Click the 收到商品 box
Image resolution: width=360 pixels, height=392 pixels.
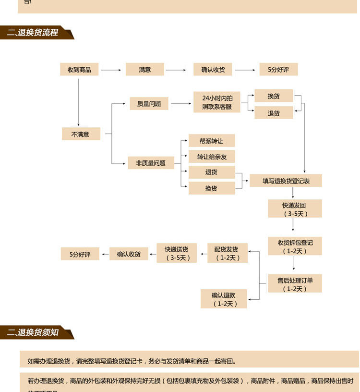[79, 70]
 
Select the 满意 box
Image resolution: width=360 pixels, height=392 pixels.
[145, 70]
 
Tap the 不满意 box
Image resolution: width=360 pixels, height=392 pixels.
[81, 134]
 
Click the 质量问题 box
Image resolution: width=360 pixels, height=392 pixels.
[149, 103]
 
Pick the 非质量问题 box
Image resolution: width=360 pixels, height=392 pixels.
[151, 163]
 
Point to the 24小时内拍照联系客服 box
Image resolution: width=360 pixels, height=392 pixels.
[217, 102]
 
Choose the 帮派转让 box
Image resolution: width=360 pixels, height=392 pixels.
[211, 141]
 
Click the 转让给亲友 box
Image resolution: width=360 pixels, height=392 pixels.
[211, 157]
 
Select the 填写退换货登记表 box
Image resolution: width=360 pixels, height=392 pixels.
[286, 181]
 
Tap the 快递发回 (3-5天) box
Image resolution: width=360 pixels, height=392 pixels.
[295, 209]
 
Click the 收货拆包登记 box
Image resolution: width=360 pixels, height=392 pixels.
[295, 246]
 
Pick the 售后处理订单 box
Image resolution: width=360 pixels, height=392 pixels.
[295, 284]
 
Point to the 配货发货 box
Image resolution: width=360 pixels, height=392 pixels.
[227, 253]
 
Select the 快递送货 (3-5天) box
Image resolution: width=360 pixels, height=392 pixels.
[177, 253]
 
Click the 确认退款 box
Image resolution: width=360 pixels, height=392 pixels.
[224, 299]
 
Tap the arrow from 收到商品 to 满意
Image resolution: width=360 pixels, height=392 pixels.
[111, 70]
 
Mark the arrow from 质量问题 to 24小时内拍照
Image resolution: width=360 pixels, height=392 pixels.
[180, 103]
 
